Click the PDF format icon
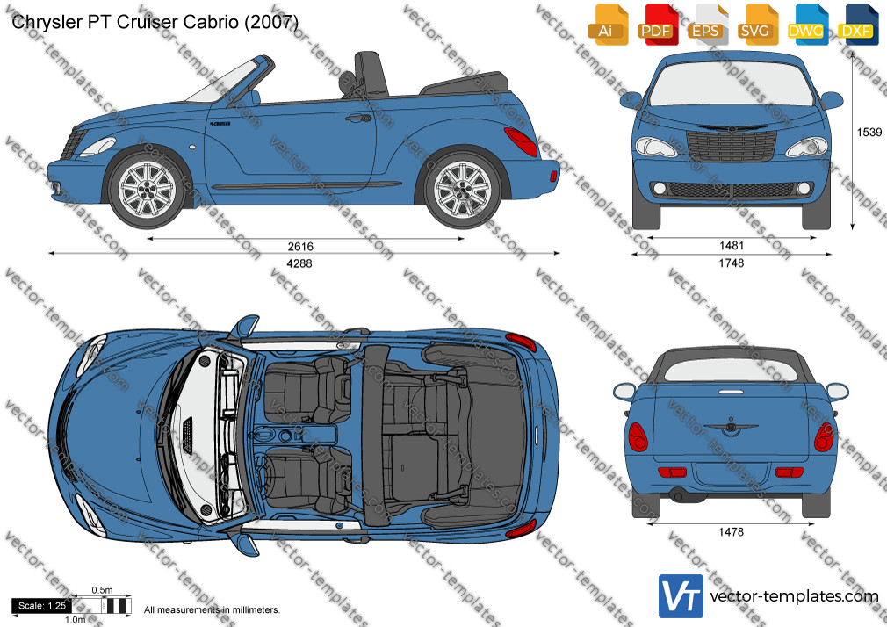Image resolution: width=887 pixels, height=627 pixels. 656,25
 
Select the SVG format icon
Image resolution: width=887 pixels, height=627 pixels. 756,25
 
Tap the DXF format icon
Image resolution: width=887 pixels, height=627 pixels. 856,25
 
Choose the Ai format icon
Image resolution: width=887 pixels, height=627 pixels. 606,25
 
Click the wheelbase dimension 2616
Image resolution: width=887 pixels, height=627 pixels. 299,246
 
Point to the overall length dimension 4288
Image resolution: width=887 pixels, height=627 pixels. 299,263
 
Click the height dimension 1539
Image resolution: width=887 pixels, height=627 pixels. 869,132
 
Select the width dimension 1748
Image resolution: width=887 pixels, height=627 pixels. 731,263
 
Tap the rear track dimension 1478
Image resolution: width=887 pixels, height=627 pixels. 731,532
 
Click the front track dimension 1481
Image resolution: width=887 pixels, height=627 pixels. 731,246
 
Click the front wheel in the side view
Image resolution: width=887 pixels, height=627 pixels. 147,188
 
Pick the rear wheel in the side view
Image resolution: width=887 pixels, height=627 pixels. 463,188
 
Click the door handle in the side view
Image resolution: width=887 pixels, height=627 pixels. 358,119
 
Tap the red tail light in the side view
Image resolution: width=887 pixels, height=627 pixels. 522,141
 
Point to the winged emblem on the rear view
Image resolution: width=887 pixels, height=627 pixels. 731,428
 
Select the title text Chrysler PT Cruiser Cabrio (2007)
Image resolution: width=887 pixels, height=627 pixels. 155,22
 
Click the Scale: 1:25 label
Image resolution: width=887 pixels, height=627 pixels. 42,606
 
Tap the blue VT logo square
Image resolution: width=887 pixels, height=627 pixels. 681,596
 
